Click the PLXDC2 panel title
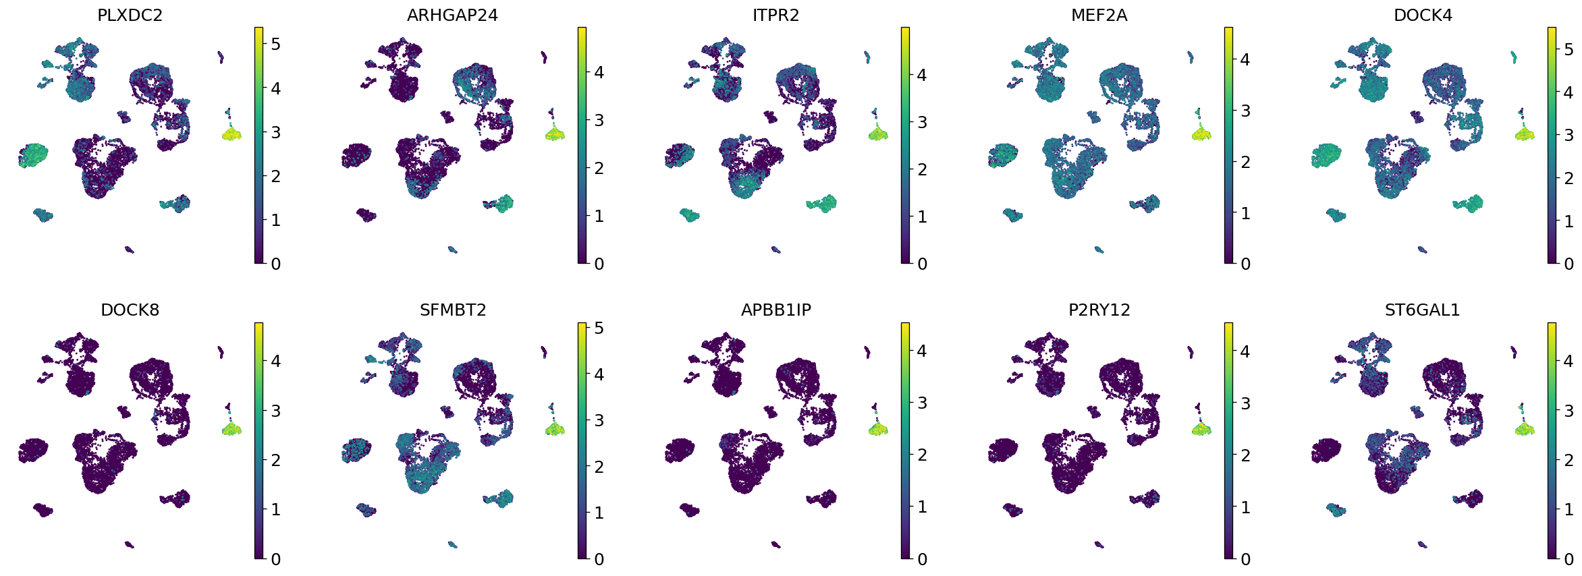[130, 16]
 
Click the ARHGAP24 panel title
[452, 16]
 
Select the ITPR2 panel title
[775, 16]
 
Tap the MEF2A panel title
[1099, 16]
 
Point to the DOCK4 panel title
[1423, 16]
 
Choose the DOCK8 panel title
[130, 310]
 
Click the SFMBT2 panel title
[452, 310]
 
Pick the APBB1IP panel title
[775, 310]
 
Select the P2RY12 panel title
[1099, 310]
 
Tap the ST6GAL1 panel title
[1422, 310]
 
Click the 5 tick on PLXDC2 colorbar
[275, 45]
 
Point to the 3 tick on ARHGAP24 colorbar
[599, 121]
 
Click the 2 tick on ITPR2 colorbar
[922, 169]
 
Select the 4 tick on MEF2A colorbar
[1245, 59]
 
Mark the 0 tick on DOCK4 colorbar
[1569, 264]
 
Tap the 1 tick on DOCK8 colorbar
[275, 510]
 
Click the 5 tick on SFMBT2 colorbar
[599, 328]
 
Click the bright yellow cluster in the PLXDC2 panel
[231, 135]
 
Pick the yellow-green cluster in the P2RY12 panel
[1201, 429]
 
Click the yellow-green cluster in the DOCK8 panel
[231, 429]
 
